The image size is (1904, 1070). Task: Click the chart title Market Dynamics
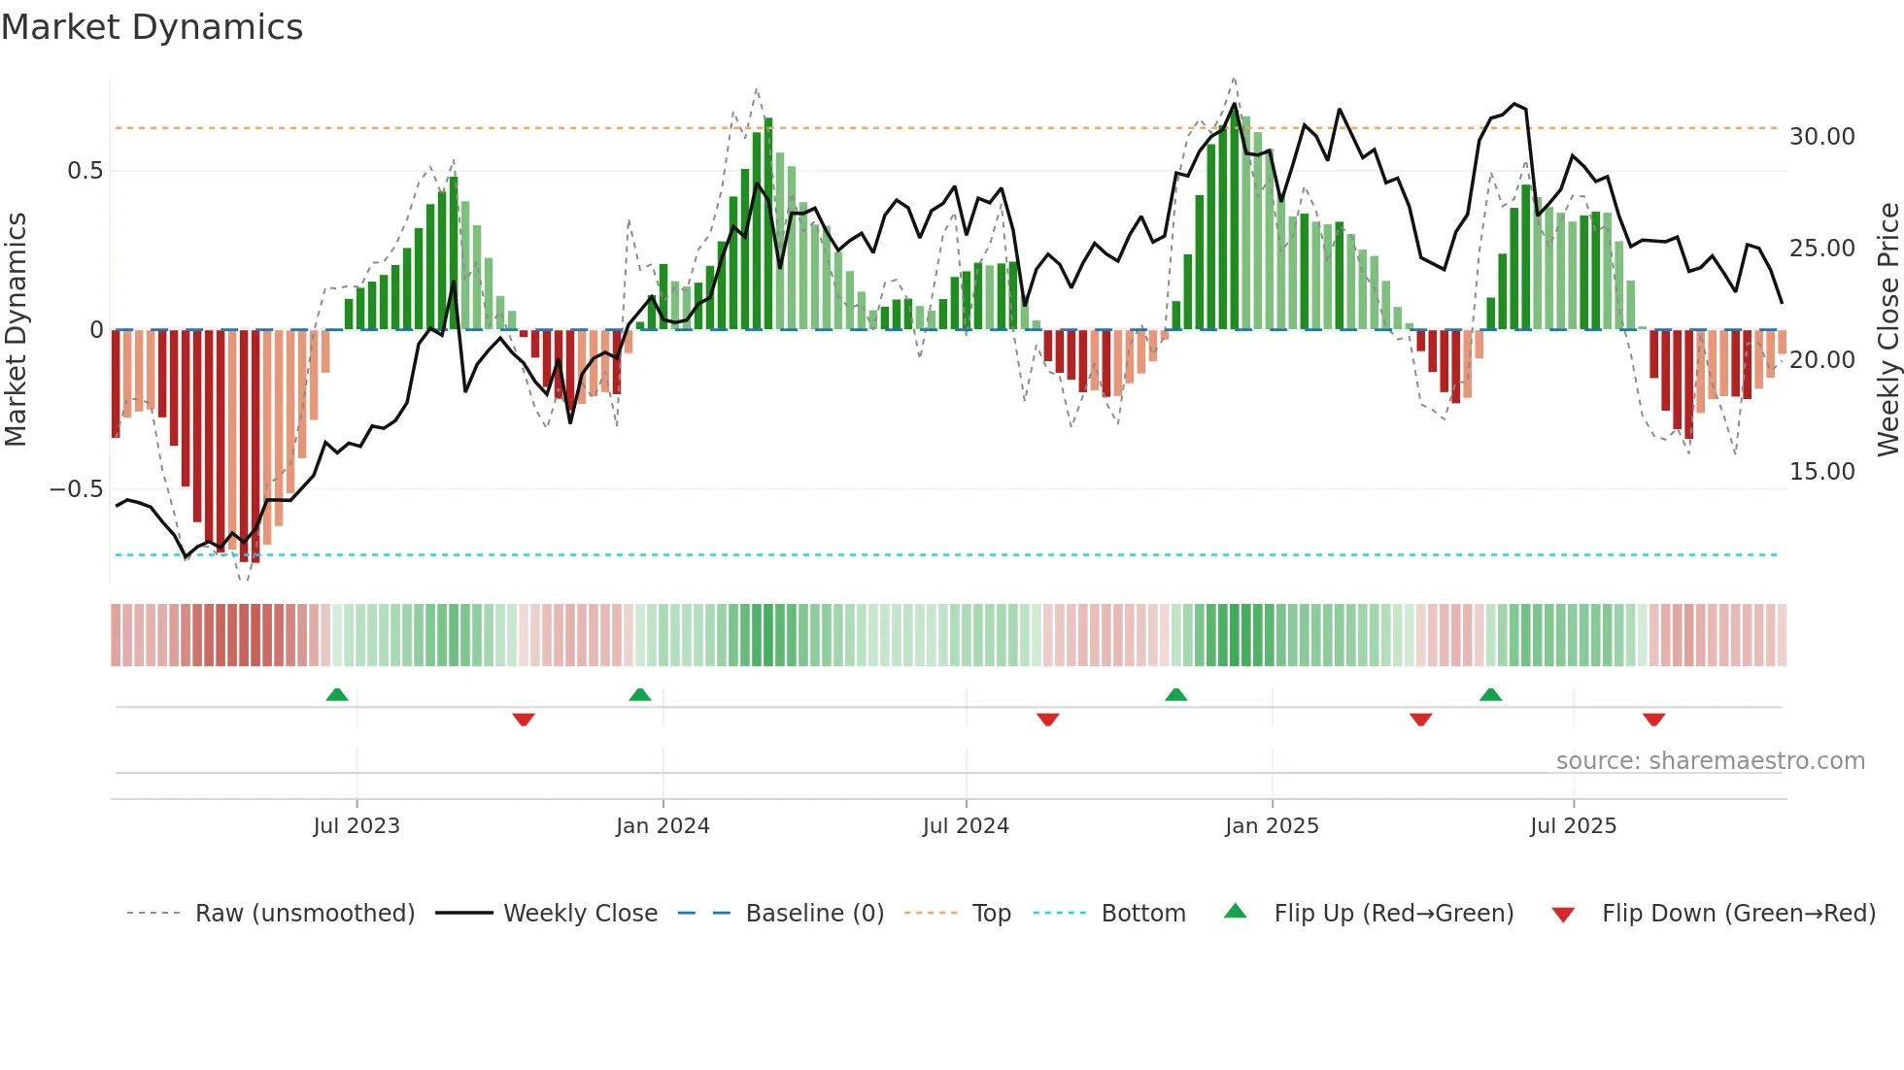tap(152, 27)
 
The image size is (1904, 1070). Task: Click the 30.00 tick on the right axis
tap(1821, 137)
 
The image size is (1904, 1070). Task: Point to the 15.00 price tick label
tap(1821, 472)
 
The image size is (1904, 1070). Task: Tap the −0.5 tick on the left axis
tap(76, 489)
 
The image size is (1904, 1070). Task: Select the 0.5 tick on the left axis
tap(85, 171)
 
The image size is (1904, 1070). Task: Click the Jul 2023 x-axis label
tap(357, 826)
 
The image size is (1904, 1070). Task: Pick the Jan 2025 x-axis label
tap(1272, 826)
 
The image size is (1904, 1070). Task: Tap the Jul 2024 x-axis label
tap(966, 826)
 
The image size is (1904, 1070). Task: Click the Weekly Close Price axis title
tap(1887, 329)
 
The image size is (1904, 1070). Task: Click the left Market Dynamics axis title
tap(16, 329)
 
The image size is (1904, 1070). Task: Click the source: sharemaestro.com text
tap(1710, 761)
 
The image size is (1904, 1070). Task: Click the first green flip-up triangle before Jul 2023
tap(337, 695)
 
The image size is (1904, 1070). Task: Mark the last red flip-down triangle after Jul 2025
tap(1654, 719)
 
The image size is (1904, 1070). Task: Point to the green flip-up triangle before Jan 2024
tap(640, 695)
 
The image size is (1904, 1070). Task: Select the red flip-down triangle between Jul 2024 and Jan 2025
tap(1047, 719)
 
